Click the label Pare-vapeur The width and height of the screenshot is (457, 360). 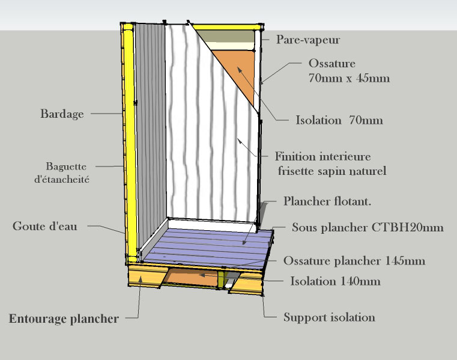pyautogui.click(x=308, y=40)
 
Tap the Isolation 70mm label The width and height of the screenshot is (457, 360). pyautogui.click(x=339, y=120)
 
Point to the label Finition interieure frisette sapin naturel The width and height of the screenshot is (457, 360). pyautogui.click(x=331, y=163)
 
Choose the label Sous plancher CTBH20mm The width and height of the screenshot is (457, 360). pyautogui.click(x=368, y=228)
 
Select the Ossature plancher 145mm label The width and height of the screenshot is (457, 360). pyautogui.click(x=354, y=261)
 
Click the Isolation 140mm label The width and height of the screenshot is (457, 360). pyautogui.click(x=335, y=281)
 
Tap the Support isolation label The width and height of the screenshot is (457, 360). pyautogui.click(x=329, y=317)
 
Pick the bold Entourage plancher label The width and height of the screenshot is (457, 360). pyautogui.click(x=64, y=319)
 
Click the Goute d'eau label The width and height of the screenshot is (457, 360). pyautogui.click(x=45, y=227)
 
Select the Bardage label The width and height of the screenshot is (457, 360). pyautogui.click(x=62, y=114)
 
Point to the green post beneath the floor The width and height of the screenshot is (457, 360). pyautogui.click(x=220, y=278)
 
